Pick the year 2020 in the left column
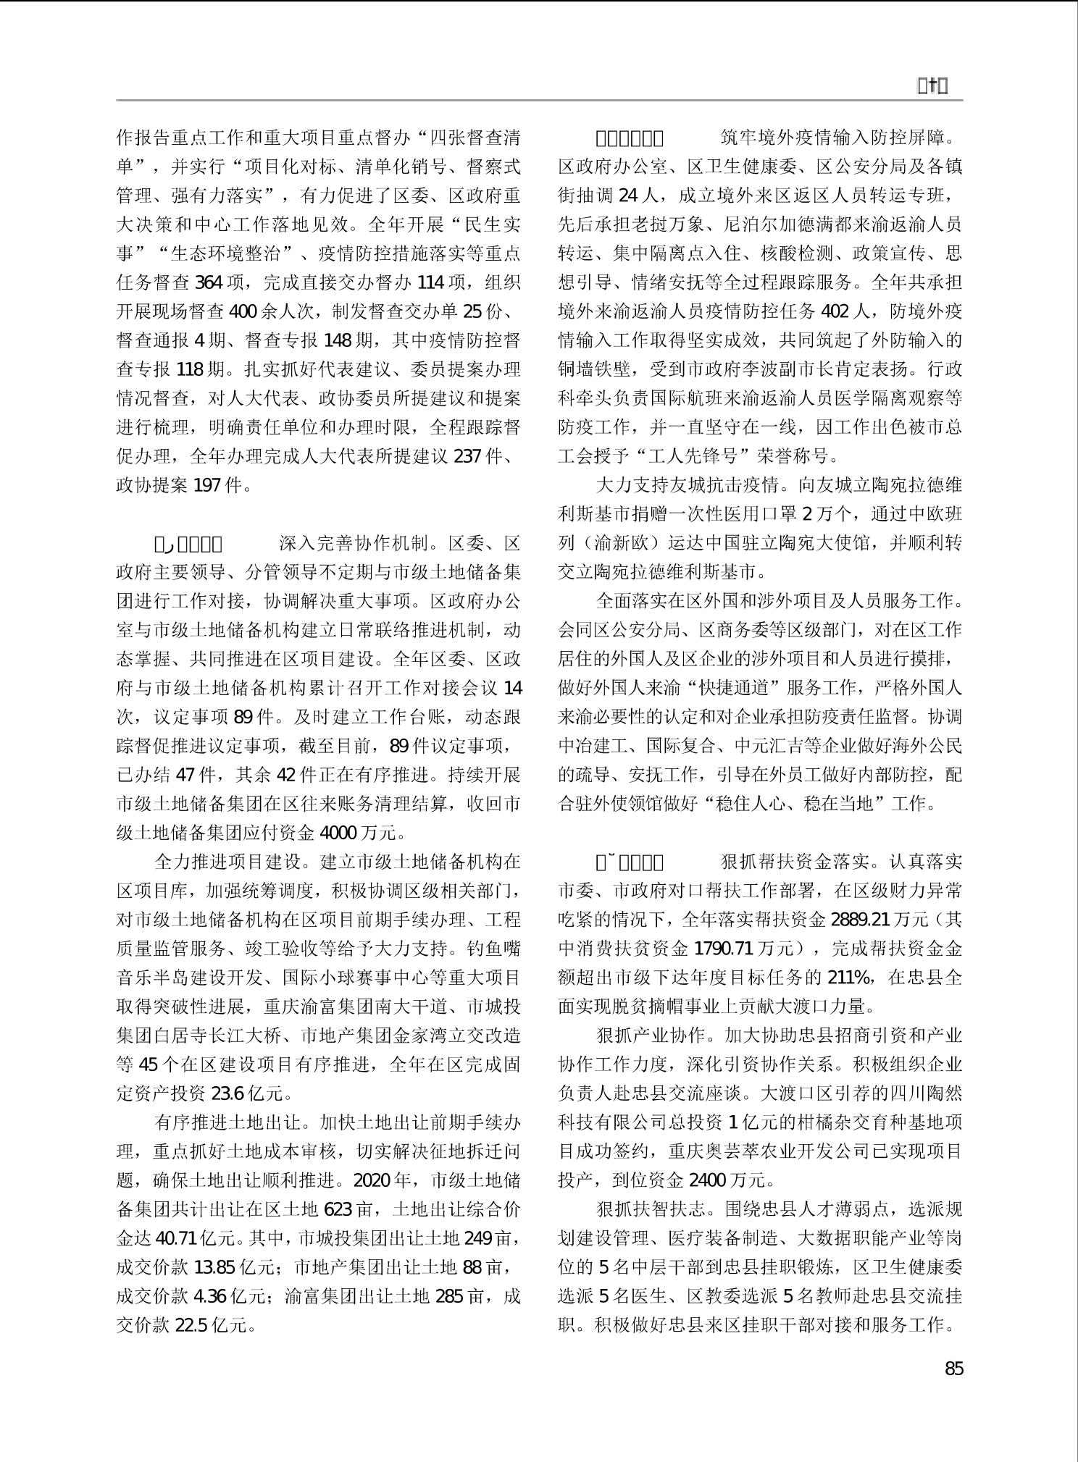click(371, 1181)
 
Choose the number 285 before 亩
click(448, 1297)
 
